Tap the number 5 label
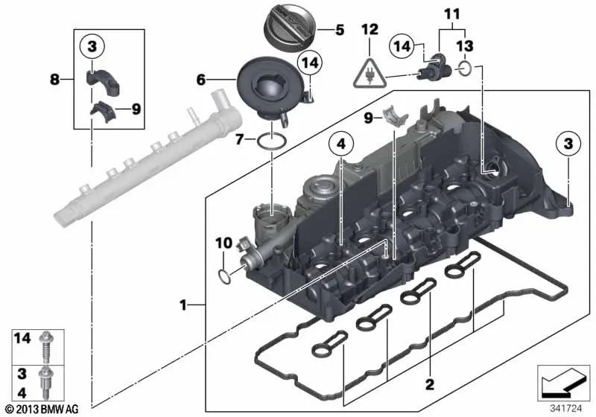[x=339, y=31]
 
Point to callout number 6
[x=200, y=77]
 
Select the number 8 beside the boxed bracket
[x=66, y=77]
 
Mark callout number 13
[x=464, y=46]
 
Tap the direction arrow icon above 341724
[x=559, y=383]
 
